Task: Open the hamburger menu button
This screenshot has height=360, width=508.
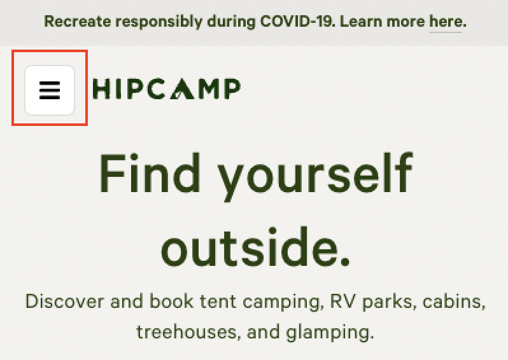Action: coord(50,90)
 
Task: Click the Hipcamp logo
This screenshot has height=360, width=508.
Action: coord(167,88)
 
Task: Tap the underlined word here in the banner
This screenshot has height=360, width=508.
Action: coord(446,22)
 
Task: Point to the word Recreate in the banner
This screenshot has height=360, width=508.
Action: coord(78,22)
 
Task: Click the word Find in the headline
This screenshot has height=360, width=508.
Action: coord(150,173)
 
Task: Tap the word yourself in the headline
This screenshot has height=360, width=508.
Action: coord(315,176)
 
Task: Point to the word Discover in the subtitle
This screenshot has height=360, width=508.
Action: coord(65,301)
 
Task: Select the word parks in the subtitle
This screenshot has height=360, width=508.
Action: coord(387,302)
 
